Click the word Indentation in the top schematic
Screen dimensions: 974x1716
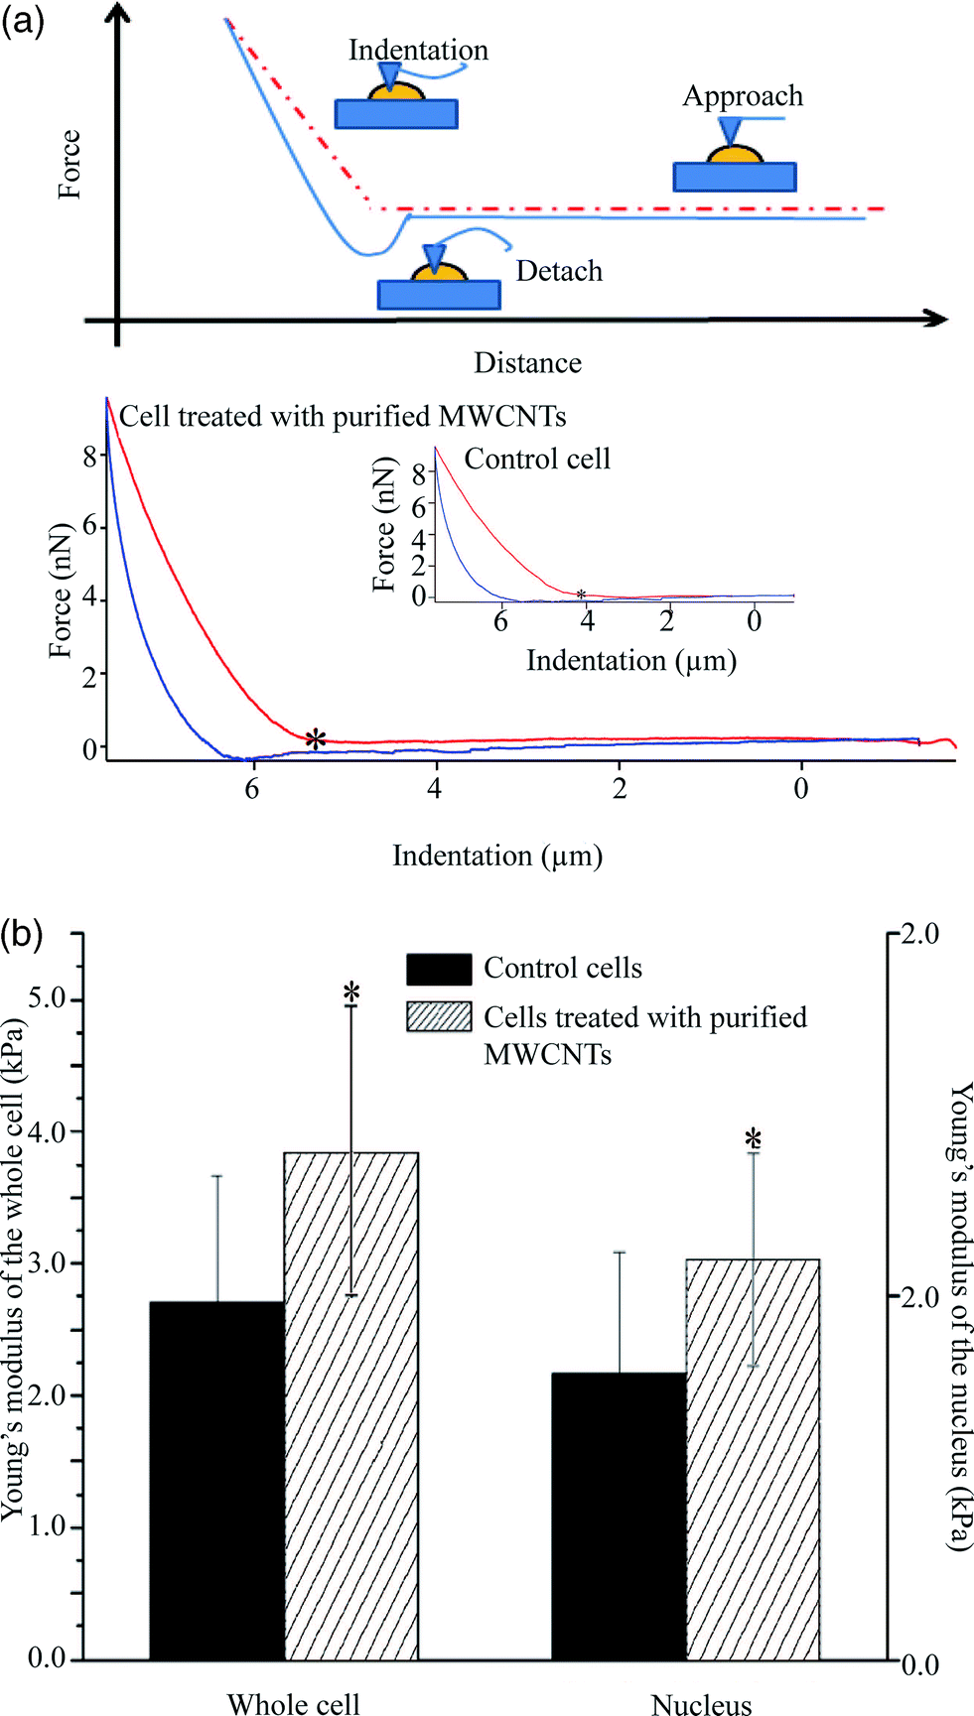point(418,50)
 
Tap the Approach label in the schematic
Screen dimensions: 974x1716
point(743,97)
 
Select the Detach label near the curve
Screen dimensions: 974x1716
point(559,271)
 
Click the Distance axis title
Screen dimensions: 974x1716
point(527,362)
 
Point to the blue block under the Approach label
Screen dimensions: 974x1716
point(735,177)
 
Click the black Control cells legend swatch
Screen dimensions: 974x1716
point(439,969)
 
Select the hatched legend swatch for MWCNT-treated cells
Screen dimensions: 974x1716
point(439,1016)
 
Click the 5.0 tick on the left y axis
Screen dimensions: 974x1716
point(47,997)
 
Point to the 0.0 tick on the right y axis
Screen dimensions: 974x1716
point(919,1664)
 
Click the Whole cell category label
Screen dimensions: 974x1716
point(294,1703)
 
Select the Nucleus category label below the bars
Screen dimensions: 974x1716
point(701,1703)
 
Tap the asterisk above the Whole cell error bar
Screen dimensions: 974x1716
point(351,991)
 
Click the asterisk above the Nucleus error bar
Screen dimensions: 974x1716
point(754,1138)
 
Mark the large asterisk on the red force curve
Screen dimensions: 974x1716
point(316,739)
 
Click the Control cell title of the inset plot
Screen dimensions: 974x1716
point(537,459)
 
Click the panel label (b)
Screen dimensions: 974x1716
point(23,934)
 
